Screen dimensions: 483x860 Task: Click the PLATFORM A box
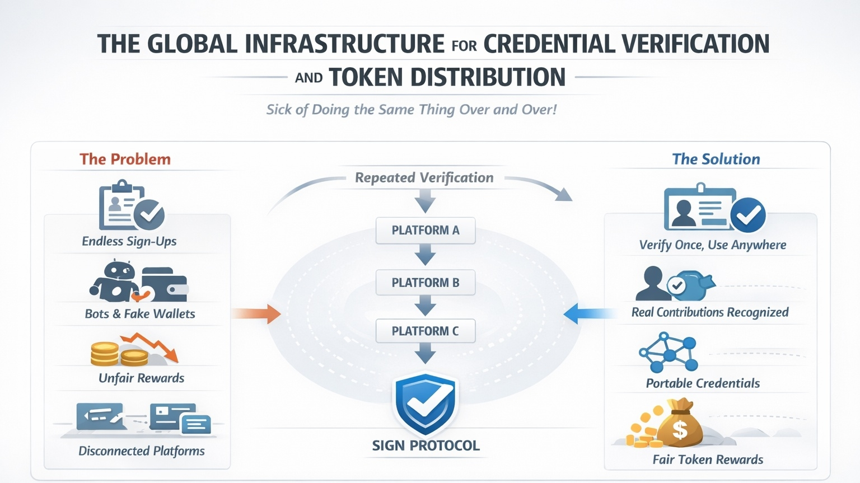[426, 231]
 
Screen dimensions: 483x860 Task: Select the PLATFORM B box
[426, 283]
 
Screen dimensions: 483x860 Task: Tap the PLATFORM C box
[426, 331]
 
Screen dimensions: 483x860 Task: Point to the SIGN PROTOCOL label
[426, 446]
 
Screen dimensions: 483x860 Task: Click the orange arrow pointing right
[258, 313]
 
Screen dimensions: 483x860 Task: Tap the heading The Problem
[125, 160]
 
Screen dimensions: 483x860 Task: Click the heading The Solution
[716, 160]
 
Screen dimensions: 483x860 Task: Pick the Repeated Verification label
[424, 178]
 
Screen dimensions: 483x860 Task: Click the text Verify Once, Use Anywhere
[712, 245]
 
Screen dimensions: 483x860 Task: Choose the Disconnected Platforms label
[142, 451]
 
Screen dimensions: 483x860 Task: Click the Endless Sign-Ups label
[129, 241]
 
